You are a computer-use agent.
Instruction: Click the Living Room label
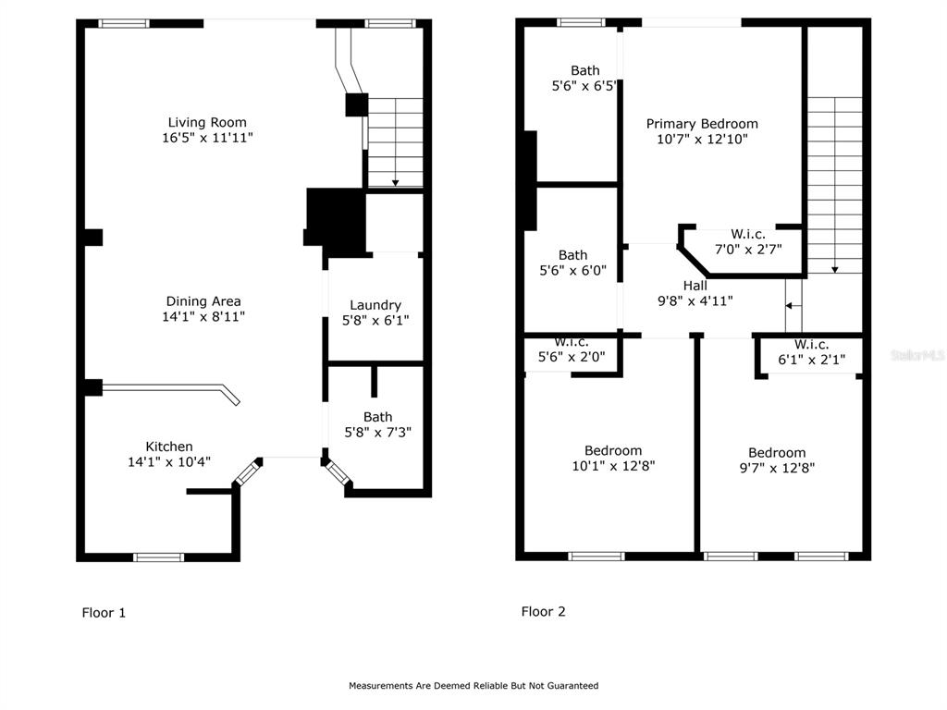coord(207,123)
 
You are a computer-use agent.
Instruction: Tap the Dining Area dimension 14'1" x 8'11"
coord(203,316)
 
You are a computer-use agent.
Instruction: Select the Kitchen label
coord(169,447)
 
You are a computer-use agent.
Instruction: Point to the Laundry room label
coord(375,305)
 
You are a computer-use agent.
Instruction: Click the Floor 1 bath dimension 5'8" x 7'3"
coord(377,433)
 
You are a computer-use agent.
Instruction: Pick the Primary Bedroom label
coord(702,124)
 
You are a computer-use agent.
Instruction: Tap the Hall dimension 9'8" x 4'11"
coord(695,300)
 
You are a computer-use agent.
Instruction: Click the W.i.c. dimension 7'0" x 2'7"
coord(748,249)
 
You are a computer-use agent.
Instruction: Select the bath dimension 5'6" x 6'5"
coord(584,86)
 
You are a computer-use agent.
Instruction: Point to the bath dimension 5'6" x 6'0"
coord(572,271)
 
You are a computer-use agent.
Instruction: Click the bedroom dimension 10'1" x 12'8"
coord(613,466)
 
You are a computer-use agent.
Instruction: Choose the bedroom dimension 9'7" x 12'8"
coord(777,467)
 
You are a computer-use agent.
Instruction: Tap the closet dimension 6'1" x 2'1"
coord(811,360)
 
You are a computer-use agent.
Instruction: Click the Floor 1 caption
coord(104,613)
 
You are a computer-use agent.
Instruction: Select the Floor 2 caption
coord(544,612)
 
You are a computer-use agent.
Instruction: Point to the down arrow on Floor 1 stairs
coord(396,142)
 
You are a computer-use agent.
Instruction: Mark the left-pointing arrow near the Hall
coord(793,306)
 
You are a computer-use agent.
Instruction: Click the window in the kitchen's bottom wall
coord(158,557)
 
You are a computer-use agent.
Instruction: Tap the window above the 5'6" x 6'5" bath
coord(581,22)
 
